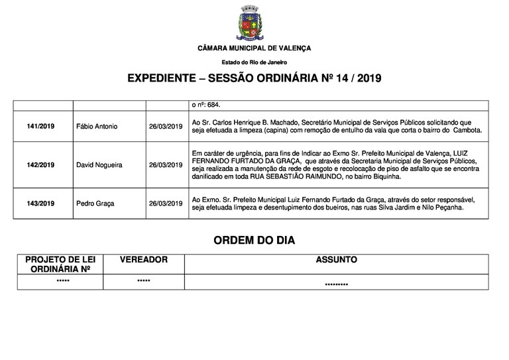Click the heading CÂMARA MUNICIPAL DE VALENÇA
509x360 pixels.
pyautogui.click(x=254, y=48)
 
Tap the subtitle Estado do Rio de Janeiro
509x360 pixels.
pyautogui.click(x=254, y=62)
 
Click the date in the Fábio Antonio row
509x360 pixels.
pyautogui.click(x=166, y=126)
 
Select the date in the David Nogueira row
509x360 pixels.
pyautogui.click(x=166, y=165)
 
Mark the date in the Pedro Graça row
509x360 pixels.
pyautogui.click(x=166, y=204)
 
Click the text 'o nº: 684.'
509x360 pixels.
pyautogui.click(x=205, y=105)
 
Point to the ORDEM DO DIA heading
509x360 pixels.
pyautogui.click(x=254, y=239)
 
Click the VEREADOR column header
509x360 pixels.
pyautogui.click(x=144, y=260)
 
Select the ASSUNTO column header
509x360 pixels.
pyautogui.click(x=337, y=260)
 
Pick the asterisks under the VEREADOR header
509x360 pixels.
pyautogui.click(x=144, y=282)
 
